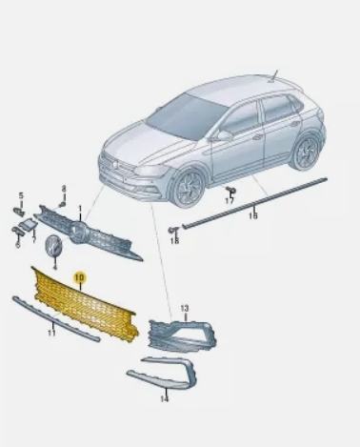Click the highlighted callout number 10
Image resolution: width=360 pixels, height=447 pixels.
79,277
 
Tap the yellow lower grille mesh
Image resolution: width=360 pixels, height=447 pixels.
85,306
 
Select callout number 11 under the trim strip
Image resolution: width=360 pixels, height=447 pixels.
51,333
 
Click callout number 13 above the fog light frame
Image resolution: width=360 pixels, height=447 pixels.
185,308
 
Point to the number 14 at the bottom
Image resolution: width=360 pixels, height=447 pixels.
164,398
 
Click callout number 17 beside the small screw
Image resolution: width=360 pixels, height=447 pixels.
230,201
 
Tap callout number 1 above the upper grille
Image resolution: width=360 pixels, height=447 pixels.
80,209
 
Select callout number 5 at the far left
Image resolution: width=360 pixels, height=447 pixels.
21,195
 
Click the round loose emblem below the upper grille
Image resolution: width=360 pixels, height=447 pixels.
54,247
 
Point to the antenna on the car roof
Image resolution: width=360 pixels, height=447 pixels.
273,76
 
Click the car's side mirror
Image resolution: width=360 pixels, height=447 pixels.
225,135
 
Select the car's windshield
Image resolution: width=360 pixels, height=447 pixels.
188,116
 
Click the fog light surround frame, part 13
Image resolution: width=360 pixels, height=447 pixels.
183,336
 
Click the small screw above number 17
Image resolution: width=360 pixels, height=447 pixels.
230,191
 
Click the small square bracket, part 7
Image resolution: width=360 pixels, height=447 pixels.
28,226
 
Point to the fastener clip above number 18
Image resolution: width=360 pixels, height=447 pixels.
173,230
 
